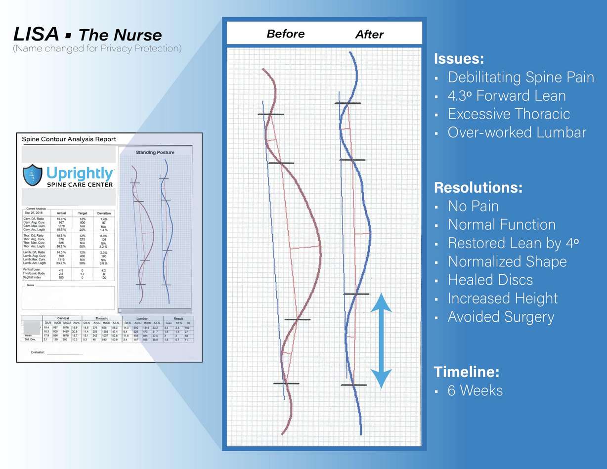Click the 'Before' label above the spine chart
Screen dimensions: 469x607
285,34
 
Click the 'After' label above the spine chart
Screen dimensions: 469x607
369,35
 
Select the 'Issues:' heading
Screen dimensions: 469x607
458,59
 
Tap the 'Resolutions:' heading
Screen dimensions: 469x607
478,188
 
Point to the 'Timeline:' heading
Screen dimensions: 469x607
466,372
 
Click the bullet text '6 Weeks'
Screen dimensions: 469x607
475,390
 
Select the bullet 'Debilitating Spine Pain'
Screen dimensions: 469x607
520,77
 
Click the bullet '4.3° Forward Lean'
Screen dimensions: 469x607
507,95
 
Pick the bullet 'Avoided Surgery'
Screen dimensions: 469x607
501,317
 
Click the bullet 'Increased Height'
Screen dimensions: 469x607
503,298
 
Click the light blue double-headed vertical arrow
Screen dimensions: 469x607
381,340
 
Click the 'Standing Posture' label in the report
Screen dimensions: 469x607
155,152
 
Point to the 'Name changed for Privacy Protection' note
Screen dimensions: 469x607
97,48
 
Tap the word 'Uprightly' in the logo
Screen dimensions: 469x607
80,173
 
